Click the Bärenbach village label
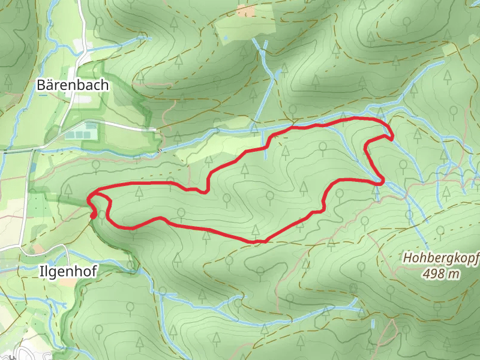coord(73,85)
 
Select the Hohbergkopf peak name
coord(440,259)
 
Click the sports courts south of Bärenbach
coord(82,130)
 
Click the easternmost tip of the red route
coord(392,138)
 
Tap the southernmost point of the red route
coord(258,241)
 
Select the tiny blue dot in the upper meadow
coord(225,38)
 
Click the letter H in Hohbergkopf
coord(407,259)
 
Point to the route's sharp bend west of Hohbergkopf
coord(380,180)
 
